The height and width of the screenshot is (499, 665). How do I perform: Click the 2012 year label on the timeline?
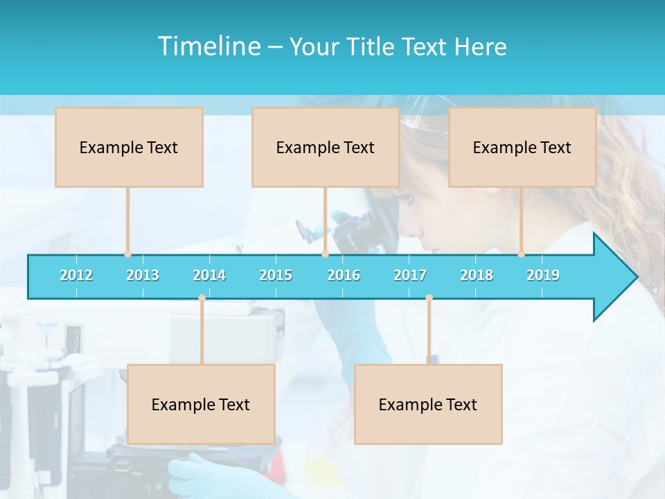tap(76, 275)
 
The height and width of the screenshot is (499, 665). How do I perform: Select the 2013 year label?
tap(143, 275)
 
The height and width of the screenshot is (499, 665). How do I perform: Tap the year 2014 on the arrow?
tap(209, 275)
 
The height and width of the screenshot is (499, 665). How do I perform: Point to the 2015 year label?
tap(276, 275)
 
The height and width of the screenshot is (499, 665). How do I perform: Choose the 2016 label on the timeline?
tap(344, 275)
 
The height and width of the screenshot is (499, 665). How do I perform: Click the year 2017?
tap(410, 275)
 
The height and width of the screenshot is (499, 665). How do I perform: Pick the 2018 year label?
tap(477, 275)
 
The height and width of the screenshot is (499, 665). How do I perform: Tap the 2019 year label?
tap(543, 275)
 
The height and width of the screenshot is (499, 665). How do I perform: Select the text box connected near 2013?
tap(129, 147)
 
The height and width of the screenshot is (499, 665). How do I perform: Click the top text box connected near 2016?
tap(326, 147)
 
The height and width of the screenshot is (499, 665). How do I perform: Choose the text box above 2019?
tap(522, 147)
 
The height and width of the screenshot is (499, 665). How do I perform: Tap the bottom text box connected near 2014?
tap(201, 404)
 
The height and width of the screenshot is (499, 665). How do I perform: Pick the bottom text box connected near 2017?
tap(428, 404)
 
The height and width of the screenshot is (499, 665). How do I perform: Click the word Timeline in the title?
tap(208, 46)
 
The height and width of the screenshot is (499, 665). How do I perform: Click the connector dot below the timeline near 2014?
tap(202, 298)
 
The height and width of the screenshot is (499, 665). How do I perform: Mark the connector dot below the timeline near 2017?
tap(429, 298)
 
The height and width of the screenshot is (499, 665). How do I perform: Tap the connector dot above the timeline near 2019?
tap(522, 254)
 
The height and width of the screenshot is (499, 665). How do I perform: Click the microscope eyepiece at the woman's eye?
tap(391, 208)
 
